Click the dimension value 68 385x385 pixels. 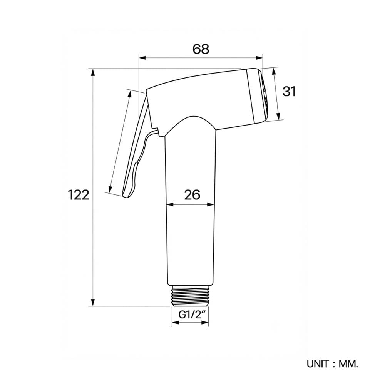(x=201, y=49)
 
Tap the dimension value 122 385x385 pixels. (x=78, y=195)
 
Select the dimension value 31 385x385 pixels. (x=289, y=91)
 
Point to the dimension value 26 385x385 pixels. (x=192, y=195)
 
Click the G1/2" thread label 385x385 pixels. (x=190, y=315)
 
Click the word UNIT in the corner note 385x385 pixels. (x=318, y=364)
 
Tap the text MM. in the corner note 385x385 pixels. (x=348, y=364)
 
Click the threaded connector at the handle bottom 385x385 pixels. (x=190, y=296)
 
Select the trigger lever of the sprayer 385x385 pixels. (x=136, y=147)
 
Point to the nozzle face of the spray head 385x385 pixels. (x=265, y=96)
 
